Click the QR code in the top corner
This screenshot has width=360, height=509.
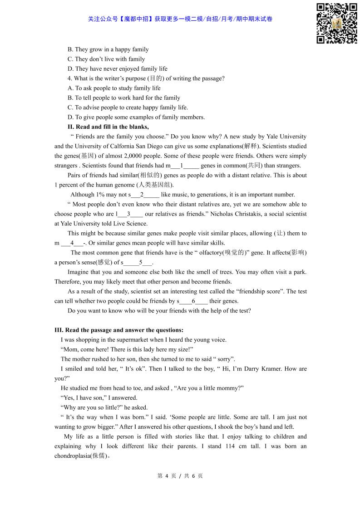coord(336,24)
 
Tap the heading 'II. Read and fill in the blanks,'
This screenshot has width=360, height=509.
coord(108,127)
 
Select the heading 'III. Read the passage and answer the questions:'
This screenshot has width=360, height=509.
coord(119,330)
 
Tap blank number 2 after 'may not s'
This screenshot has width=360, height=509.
coord(142,195)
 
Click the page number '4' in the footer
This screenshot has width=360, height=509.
coord(167,476)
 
